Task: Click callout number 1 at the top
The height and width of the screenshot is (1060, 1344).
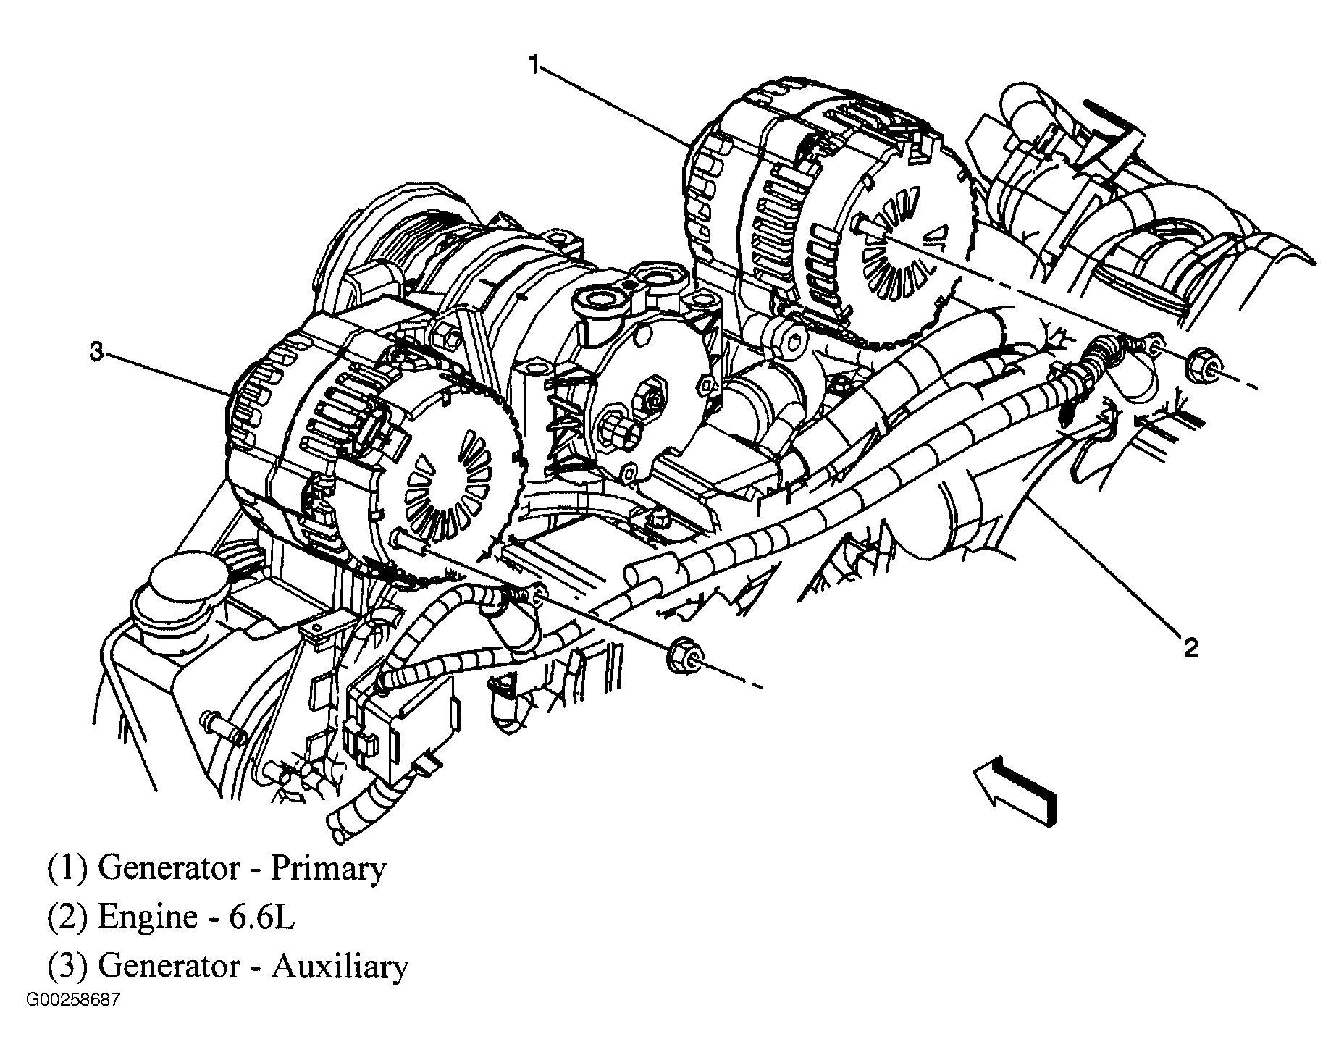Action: [534, 66]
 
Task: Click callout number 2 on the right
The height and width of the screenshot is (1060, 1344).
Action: [1191, 647]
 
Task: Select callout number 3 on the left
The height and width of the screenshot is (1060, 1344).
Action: [96, 353]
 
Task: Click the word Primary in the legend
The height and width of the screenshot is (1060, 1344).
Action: [328, 869]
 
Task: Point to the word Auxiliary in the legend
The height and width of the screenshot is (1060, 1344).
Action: [340, 967]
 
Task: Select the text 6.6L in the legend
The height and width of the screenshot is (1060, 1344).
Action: [268, 917]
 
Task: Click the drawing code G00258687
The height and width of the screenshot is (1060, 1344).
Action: [73, 1001]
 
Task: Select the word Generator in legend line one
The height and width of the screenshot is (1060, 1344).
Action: [168, 869]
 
